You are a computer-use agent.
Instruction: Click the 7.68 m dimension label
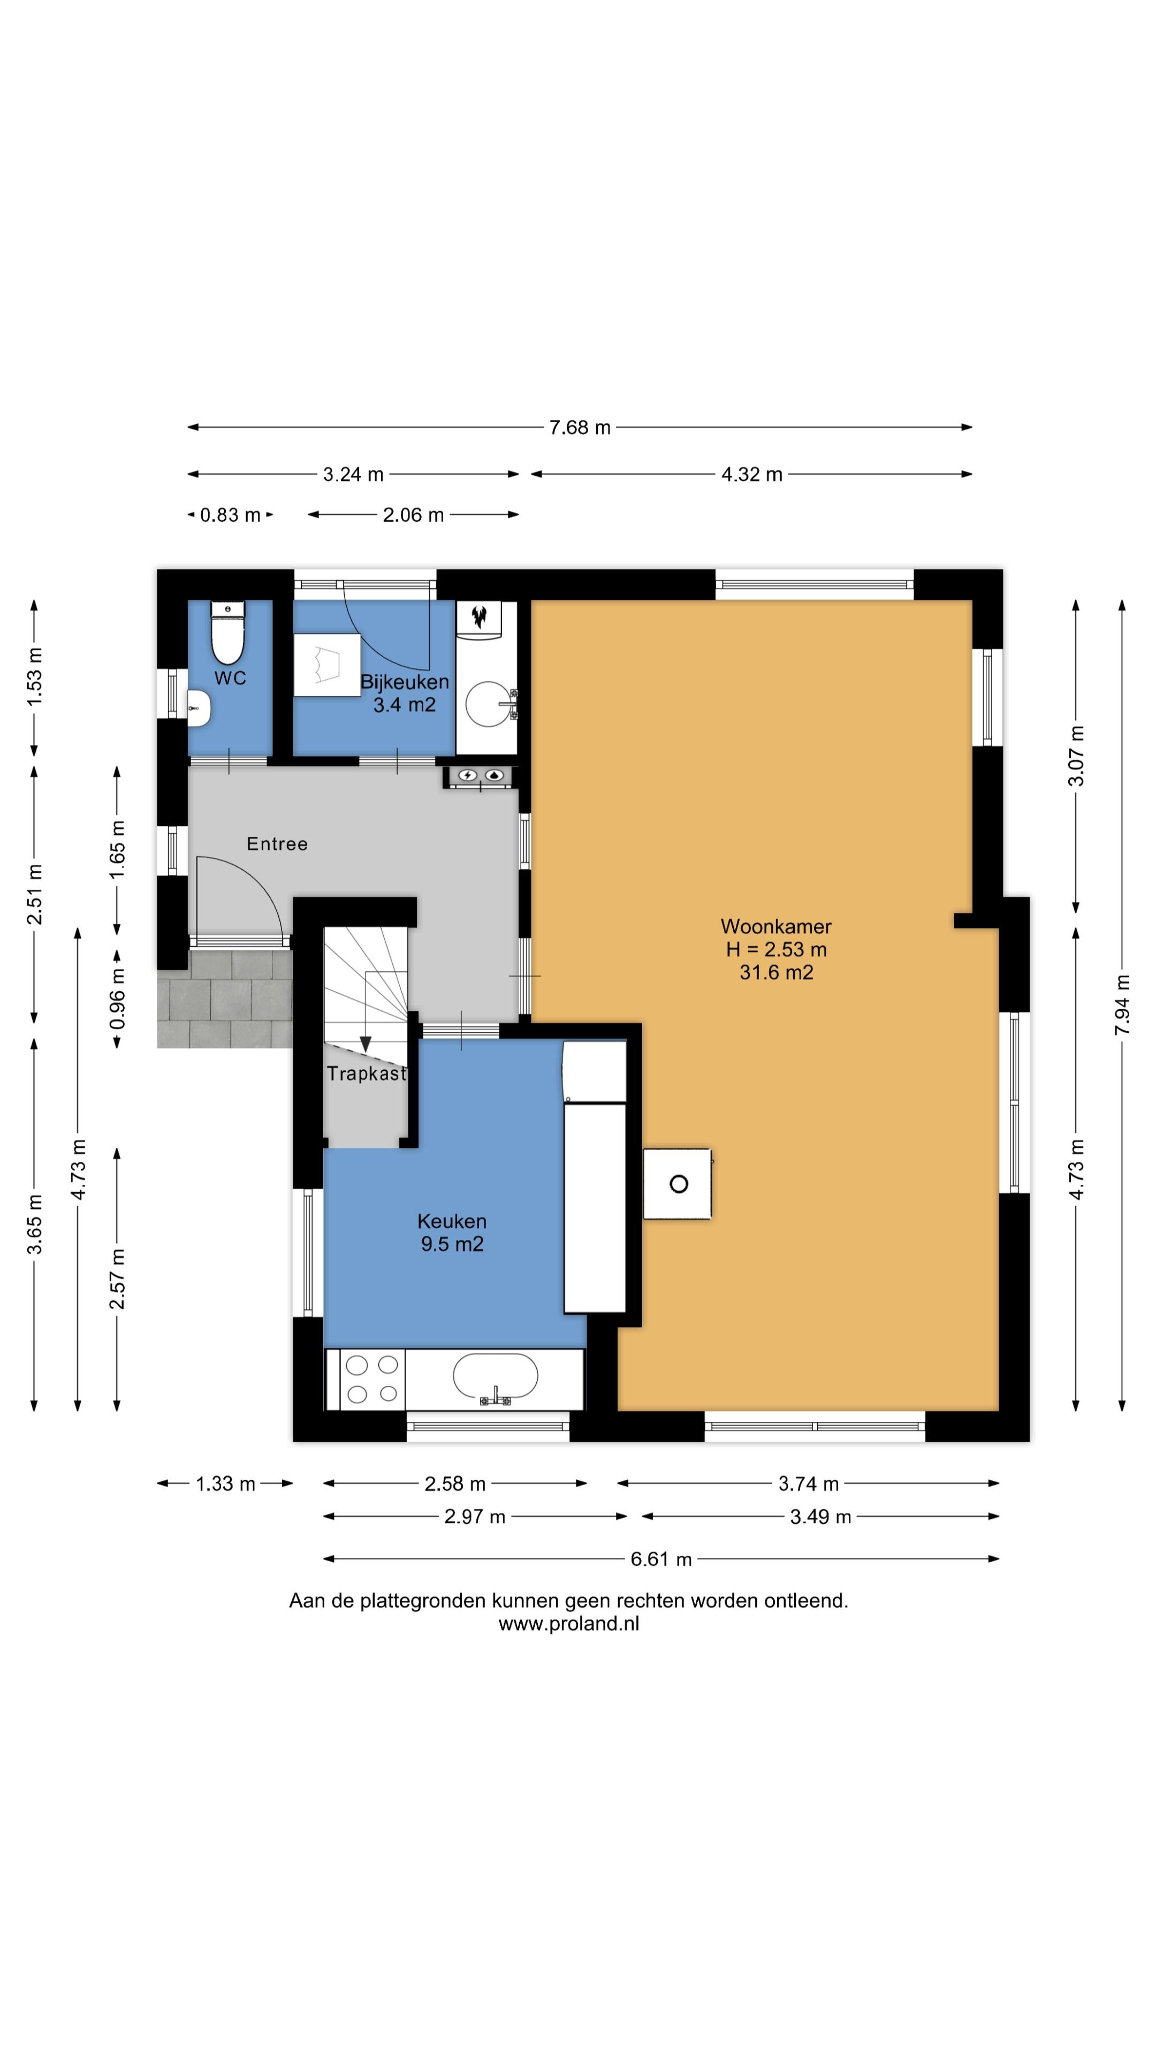coord(580,428)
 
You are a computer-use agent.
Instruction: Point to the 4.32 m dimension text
coord(751,475)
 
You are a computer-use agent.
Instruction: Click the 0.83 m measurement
coord(231,515)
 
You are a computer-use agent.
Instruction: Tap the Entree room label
coord(277,844)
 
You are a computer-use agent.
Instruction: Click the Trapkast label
coord(366,1074)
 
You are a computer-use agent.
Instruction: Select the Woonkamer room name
coord(776,926)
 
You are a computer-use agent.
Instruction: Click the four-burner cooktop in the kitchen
coord(372,1379)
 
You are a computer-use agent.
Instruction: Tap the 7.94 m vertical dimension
coord(1122,1005)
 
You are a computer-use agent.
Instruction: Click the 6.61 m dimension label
coord(661,1559)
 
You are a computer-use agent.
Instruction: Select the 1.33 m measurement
coord(226,1484)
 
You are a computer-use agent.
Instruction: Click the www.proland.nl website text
coord(569,1624)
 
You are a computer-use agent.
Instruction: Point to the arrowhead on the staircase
coord(366,1044)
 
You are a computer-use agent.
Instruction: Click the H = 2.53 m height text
coord(776,949)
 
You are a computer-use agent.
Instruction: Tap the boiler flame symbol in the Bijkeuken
coord(480,616)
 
